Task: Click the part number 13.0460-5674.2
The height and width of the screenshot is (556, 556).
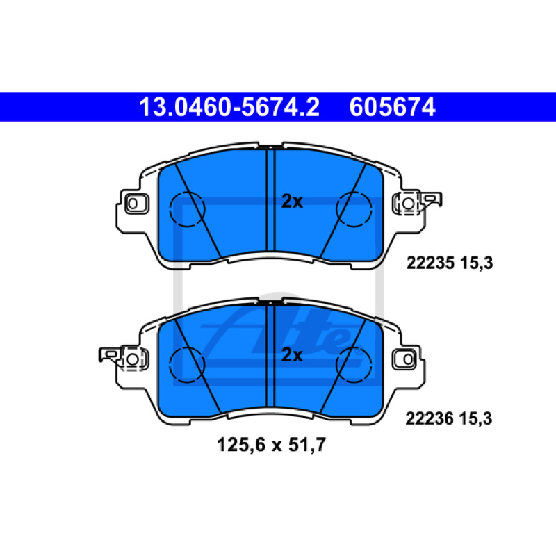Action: coord(229,107)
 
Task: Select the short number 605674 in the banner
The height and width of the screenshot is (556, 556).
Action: coord(392,107)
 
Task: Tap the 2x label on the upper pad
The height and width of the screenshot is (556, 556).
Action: coord(292,202)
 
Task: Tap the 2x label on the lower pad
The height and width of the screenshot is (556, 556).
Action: coord(292,355)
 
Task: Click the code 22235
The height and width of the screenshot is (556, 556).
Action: coord(430,263)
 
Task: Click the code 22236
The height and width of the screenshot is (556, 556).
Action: coord(430,419)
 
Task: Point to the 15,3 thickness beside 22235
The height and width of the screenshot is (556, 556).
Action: coord(477,263)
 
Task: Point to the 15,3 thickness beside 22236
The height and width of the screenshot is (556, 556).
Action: coord(476,419)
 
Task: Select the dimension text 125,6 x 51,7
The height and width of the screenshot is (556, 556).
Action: coord(271,445)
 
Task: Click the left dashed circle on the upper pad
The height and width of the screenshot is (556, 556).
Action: coord(170,209)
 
